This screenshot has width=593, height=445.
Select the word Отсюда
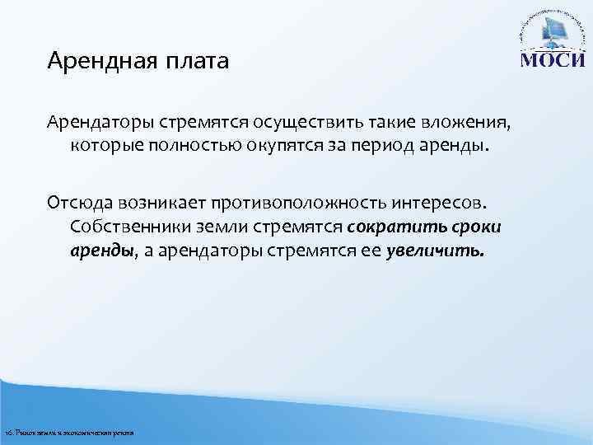(x=75, y=203)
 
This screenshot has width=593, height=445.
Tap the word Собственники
(x=127, y=226)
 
